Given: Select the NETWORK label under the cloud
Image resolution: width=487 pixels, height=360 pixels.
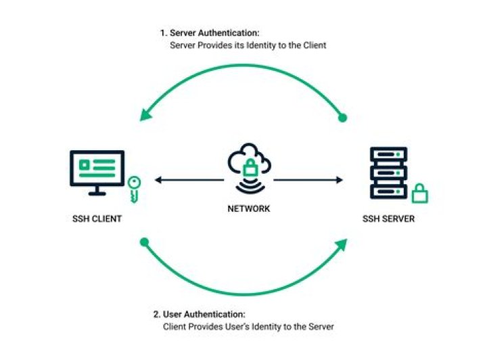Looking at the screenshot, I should pos(248,208).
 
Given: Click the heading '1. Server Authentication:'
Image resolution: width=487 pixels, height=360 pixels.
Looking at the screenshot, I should pos(210,32).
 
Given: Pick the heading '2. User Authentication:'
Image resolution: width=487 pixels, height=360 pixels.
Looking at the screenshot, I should pos(200,315).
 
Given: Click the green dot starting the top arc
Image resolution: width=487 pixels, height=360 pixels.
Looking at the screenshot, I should pos(342,118).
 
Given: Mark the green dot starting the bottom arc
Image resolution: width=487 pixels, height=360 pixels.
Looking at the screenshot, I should pos(143,241).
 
